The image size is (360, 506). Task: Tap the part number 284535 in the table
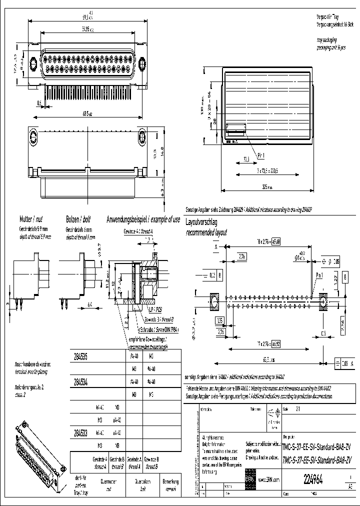pyautogui.click(x=80, y=357)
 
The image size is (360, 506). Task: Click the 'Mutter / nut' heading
pyautogui.click(x=34, y=219)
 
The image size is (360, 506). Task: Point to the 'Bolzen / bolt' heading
pyautogui.click(x=78, y=219)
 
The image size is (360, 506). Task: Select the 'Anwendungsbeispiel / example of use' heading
pyautogui.click(x=143, y=219)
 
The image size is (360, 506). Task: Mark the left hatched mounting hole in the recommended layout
pyautogui.click(x=213, y=302)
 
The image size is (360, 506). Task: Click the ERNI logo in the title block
pyautogui.click(x=249, y=479)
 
